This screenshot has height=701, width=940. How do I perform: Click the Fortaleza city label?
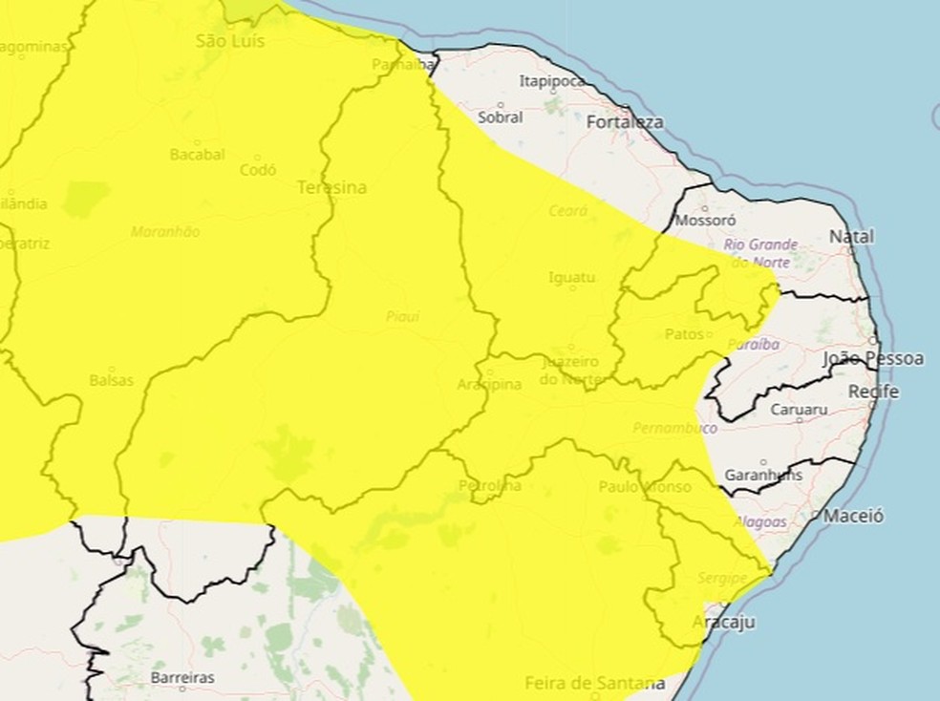click(x=625, y=122)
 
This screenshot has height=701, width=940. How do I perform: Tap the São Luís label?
click(x=229, y=41)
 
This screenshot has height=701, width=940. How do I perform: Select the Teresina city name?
click(x=331, y=187)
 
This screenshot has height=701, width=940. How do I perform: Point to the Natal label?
click(x=851, y=236)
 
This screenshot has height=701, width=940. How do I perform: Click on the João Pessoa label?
click(x=873, y=359)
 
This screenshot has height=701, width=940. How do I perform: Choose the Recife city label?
click(x=873, y=392)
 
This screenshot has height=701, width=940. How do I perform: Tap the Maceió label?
click(x=853, y=516)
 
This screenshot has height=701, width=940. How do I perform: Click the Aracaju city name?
click(x=724, y=623)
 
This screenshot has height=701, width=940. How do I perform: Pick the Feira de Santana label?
click(x=594, y=683)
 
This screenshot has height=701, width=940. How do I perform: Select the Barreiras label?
click(x=182, y=677)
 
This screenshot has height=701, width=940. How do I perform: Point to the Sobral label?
click(x=501, y=117)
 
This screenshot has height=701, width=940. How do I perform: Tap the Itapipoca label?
click(x=551, y=81)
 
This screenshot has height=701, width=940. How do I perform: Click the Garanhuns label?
click(x=764, y=475)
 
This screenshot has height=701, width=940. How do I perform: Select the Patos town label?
click(x=685, y=334)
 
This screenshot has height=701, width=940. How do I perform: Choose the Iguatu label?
click(x=571, y=278)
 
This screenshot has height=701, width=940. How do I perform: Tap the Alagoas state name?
click(x=761, y=521)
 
